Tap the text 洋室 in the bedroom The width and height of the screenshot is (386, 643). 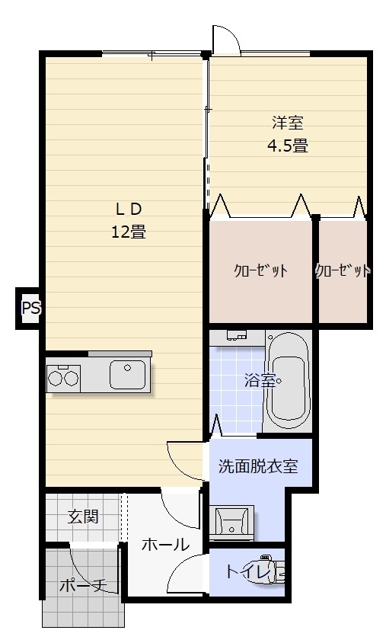coord(287,122)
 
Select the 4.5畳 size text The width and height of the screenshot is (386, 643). coord(287,146)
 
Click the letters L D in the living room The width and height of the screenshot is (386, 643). coord(129,209)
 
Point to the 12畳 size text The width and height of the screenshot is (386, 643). coord(129,232)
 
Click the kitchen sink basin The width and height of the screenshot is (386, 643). coord(127,375)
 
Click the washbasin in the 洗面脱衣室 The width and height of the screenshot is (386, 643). coord(230,522)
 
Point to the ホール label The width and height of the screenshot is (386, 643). coord(165,545)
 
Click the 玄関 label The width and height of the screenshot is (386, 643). coord(83,517)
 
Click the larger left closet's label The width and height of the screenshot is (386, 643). coord(260,271)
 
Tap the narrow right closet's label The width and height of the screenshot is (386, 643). coord(343,271)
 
